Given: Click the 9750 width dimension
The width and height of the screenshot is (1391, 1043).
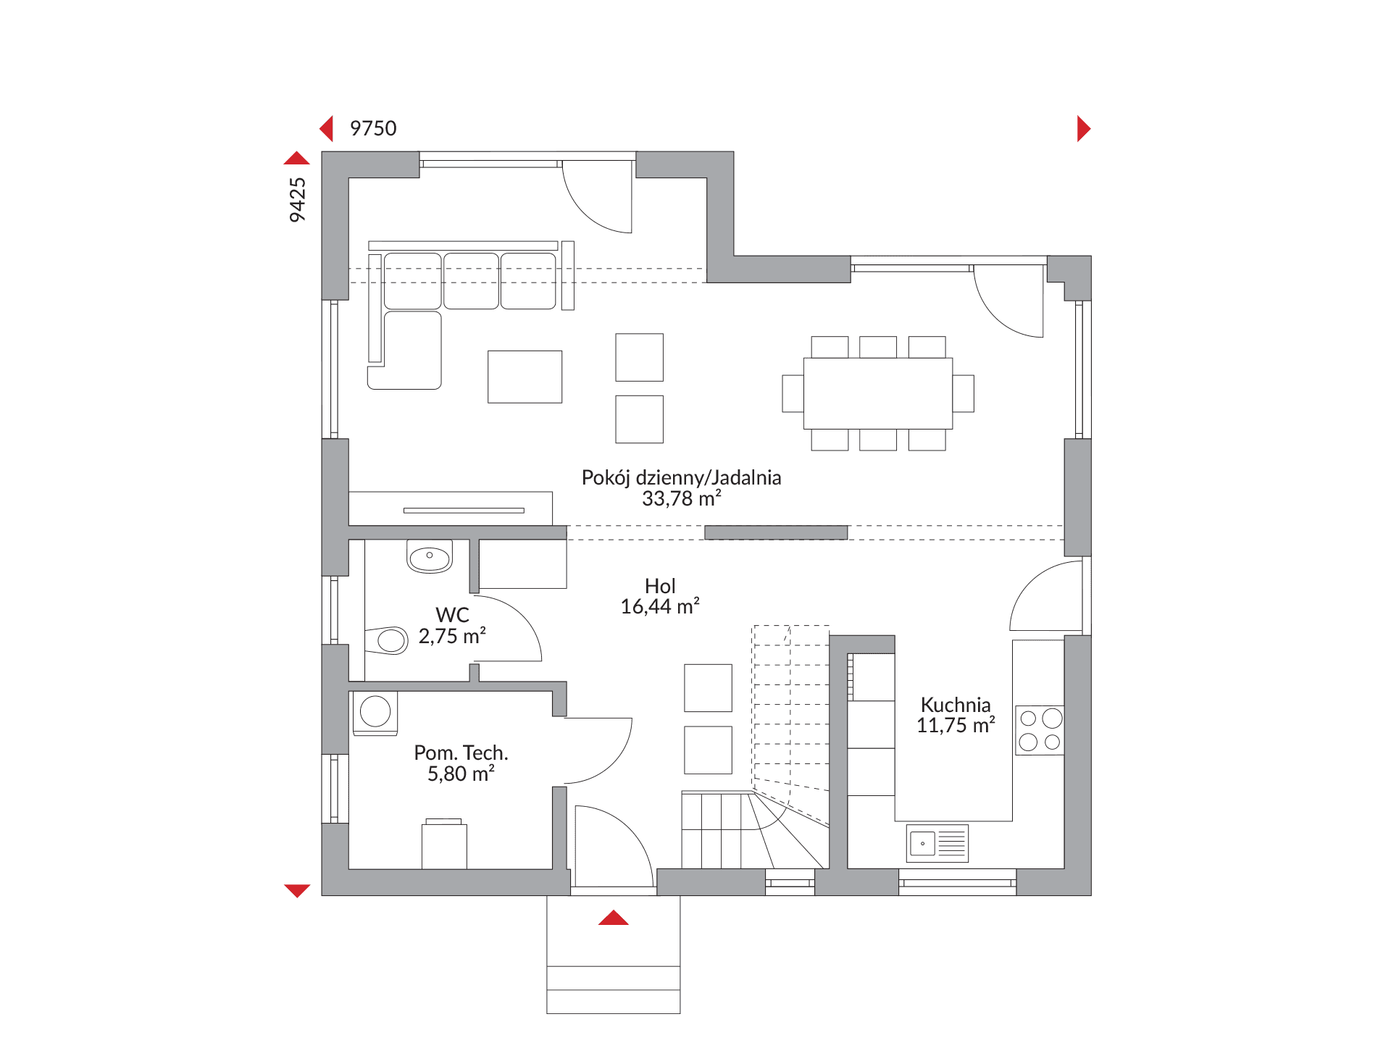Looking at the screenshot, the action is pos(373,128).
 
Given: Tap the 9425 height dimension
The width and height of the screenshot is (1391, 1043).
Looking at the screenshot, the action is pos(297,200).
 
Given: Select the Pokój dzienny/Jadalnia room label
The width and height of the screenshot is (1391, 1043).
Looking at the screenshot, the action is pos(681,477).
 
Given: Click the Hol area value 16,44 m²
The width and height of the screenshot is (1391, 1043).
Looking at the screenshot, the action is pos(660,606).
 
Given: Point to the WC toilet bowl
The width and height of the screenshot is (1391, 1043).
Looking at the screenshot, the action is pos(387,640).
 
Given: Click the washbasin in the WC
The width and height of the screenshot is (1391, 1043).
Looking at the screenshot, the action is pos(430,556).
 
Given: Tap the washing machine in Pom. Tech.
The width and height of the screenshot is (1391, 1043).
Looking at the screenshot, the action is pos(375,713).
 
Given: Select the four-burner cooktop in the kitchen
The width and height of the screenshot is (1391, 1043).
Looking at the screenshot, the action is pos(1040,730).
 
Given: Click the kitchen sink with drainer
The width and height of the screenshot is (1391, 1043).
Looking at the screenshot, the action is pos(937,843).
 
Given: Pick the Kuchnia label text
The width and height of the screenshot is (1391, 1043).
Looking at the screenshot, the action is pos(956,704).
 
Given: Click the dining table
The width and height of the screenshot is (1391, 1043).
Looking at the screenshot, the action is pos(878,393).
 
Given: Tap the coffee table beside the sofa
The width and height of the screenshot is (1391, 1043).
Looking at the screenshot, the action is pos(525,377).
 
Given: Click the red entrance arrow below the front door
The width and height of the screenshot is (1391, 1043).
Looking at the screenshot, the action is pos(614,918).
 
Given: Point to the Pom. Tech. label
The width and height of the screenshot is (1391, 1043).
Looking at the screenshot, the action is pos(461,753).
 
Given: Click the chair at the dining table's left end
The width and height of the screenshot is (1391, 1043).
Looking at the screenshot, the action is pos(793,393).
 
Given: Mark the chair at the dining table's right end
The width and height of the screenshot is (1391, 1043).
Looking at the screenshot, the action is pos(964,393).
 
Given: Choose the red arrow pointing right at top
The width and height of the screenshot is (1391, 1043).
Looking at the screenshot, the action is pos(1084,128).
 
